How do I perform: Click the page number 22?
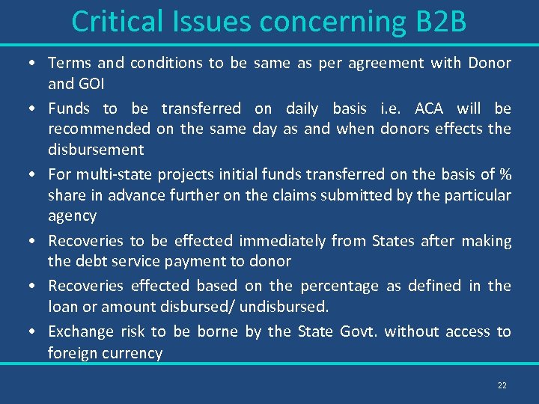pyautogui.click(x=502, y=385)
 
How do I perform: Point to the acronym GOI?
pyautogui.click(x=92, y=83)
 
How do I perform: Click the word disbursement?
pyautogui.click(x=96, y=149)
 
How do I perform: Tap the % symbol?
pyautogui.click(x=505, y=174)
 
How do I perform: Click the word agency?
pyautogui.click(x=72, y=217)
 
